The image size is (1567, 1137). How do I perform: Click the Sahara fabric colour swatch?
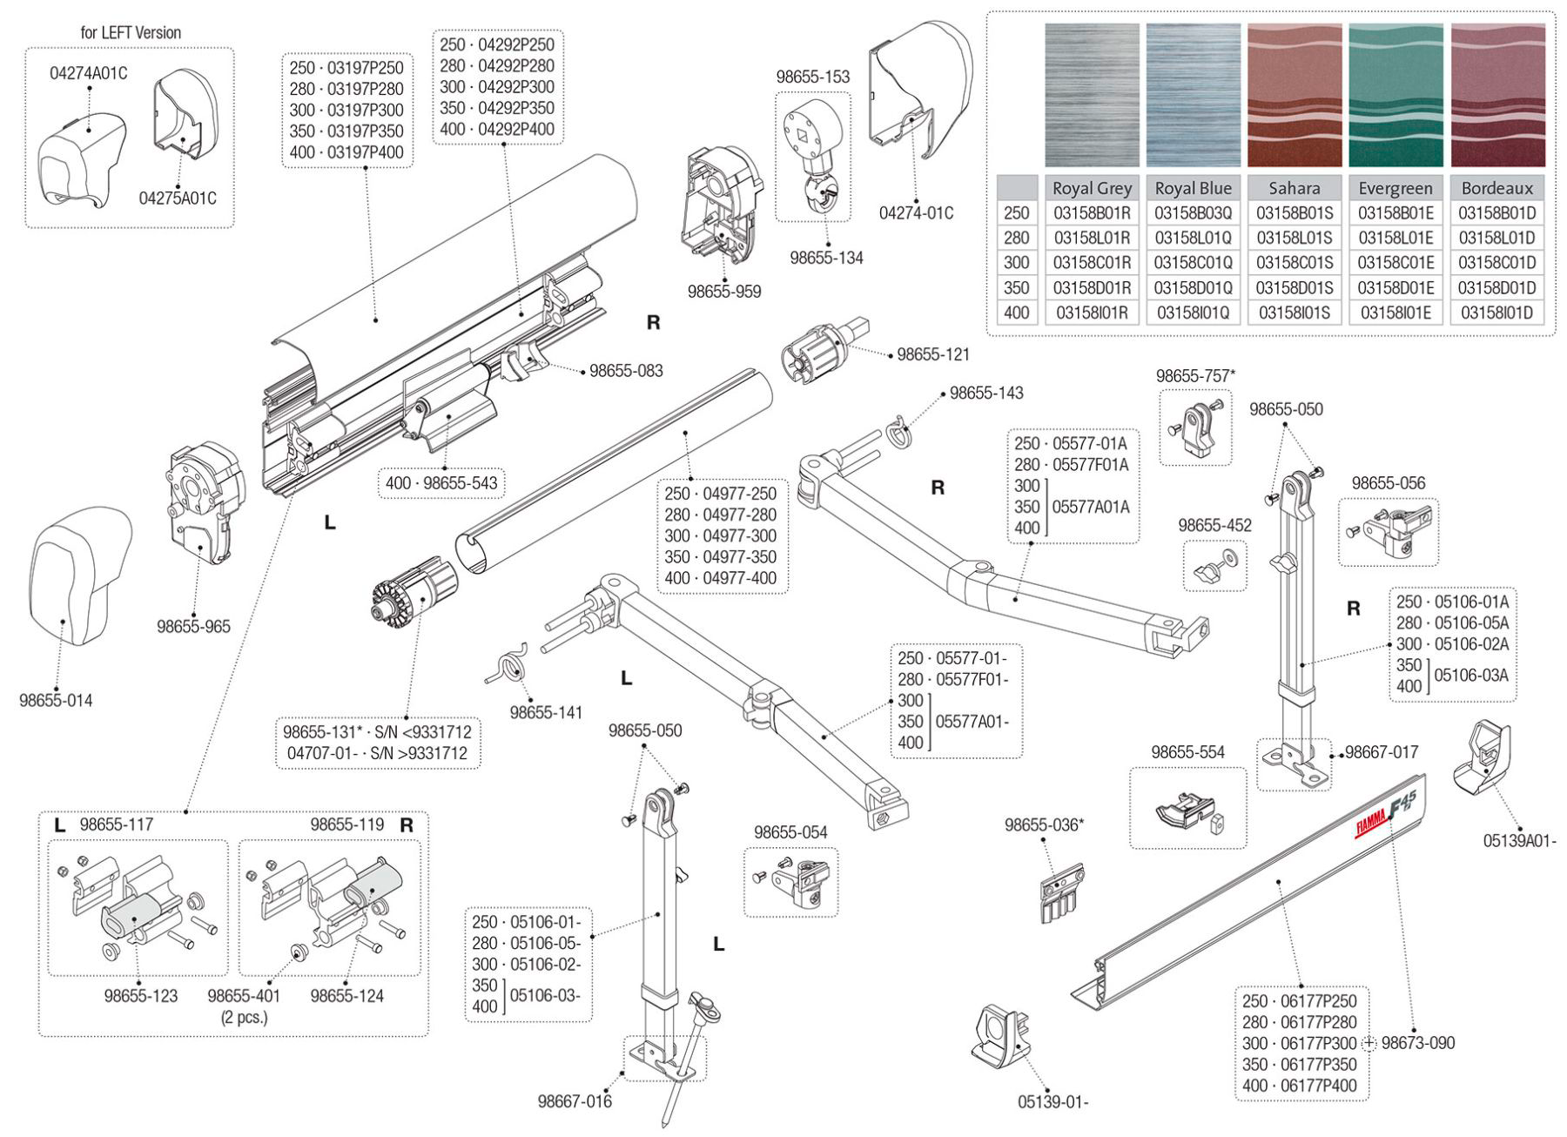tap(1294, 95)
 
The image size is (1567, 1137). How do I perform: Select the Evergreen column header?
tap(1395, 188)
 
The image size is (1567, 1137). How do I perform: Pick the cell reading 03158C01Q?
tap(1193, 263)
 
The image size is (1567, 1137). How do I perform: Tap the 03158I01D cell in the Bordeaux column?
tap(1496, 313)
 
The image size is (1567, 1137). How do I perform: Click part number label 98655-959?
tap(724, 292)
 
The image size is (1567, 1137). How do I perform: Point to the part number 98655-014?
tap(56, 700)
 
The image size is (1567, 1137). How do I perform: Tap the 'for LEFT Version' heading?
tap(131, 32)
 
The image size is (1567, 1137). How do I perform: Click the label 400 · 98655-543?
tap(441, 482)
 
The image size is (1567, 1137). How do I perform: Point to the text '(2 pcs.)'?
tap(245, 1017)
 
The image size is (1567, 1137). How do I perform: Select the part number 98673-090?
tap(1417, 1043)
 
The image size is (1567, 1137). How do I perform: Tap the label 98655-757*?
tap(1195, 376)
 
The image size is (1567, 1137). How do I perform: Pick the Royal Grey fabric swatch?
tap(1092, 95)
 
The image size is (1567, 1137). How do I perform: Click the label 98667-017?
tap(1382, 752)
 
